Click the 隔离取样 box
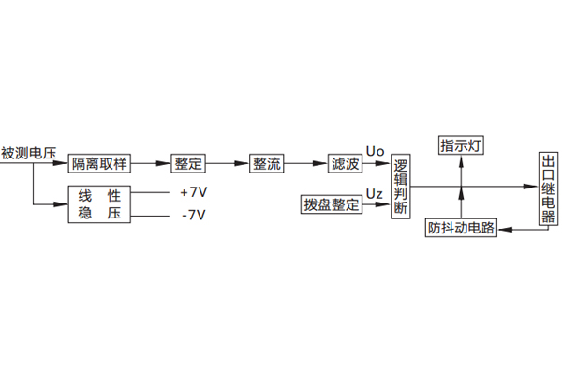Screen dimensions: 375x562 tap(99, 163)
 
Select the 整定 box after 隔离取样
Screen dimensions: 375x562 tap(187, 163)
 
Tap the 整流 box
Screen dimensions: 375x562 tap(266, 163)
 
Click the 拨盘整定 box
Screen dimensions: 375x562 tap(332, 204)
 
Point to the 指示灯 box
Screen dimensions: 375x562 tap(461, 146)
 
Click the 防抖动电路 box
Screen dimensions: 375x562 tap(461, 228)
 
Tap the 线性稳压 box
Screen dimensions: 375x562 tap(99, 205)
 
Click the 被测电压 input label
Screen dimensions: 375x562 tap(29, 153)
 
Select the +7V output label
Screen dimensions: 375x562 tap(193, 193)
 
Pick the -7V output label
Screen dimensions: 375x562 tap(193, 216)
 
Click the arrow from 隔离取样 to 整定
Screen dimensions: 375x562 tap(150, 163)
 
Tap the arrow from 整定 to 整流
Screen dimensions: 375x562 tap(227, 163)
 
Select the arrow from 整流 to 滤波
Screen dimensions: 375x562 tap(305, 163)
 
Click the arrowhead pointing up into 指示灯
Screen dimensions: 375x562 tap(461, 160)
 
